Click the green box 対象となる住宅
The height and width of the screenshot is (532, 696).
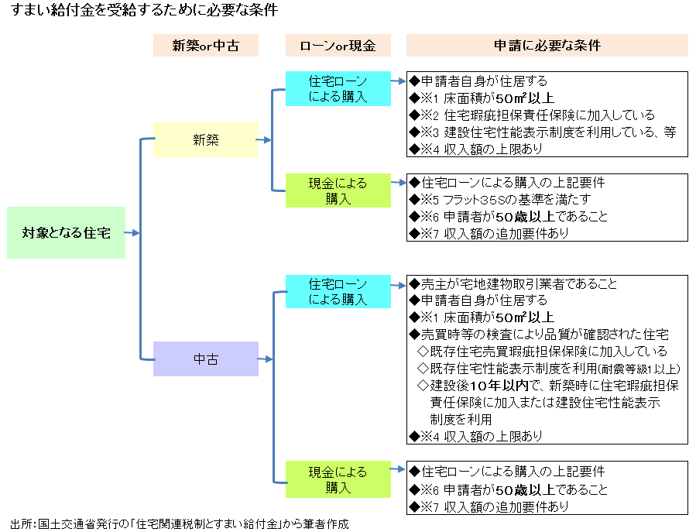point(66,232)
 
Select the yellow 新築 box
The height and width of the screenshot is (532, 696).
point(205,140)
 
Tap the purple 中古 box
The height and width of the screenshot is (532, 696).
point(205,359)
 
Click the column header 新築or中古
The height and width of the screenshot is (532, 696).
point(205,46)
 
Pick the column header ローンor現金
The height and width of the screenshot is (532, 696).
point(338,46)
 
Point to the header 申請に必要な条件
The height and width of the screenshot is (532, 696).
point(547,46)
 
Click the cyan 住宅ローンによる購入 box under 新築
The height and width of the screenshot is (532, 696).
point(338,89)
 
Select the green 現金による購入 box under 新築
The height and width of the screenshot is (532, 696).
point(338,190)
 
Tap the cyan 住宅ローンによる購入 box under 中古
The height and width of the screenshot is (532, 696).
point(338,292)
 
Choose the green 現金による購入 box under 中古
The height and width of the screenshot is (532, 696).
point(338,479)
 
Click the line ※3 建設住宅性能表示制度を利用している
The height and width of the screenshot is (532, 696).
point(542,132)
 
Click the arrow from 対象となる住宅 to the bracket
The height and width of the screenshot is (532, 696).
point(132,232)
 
